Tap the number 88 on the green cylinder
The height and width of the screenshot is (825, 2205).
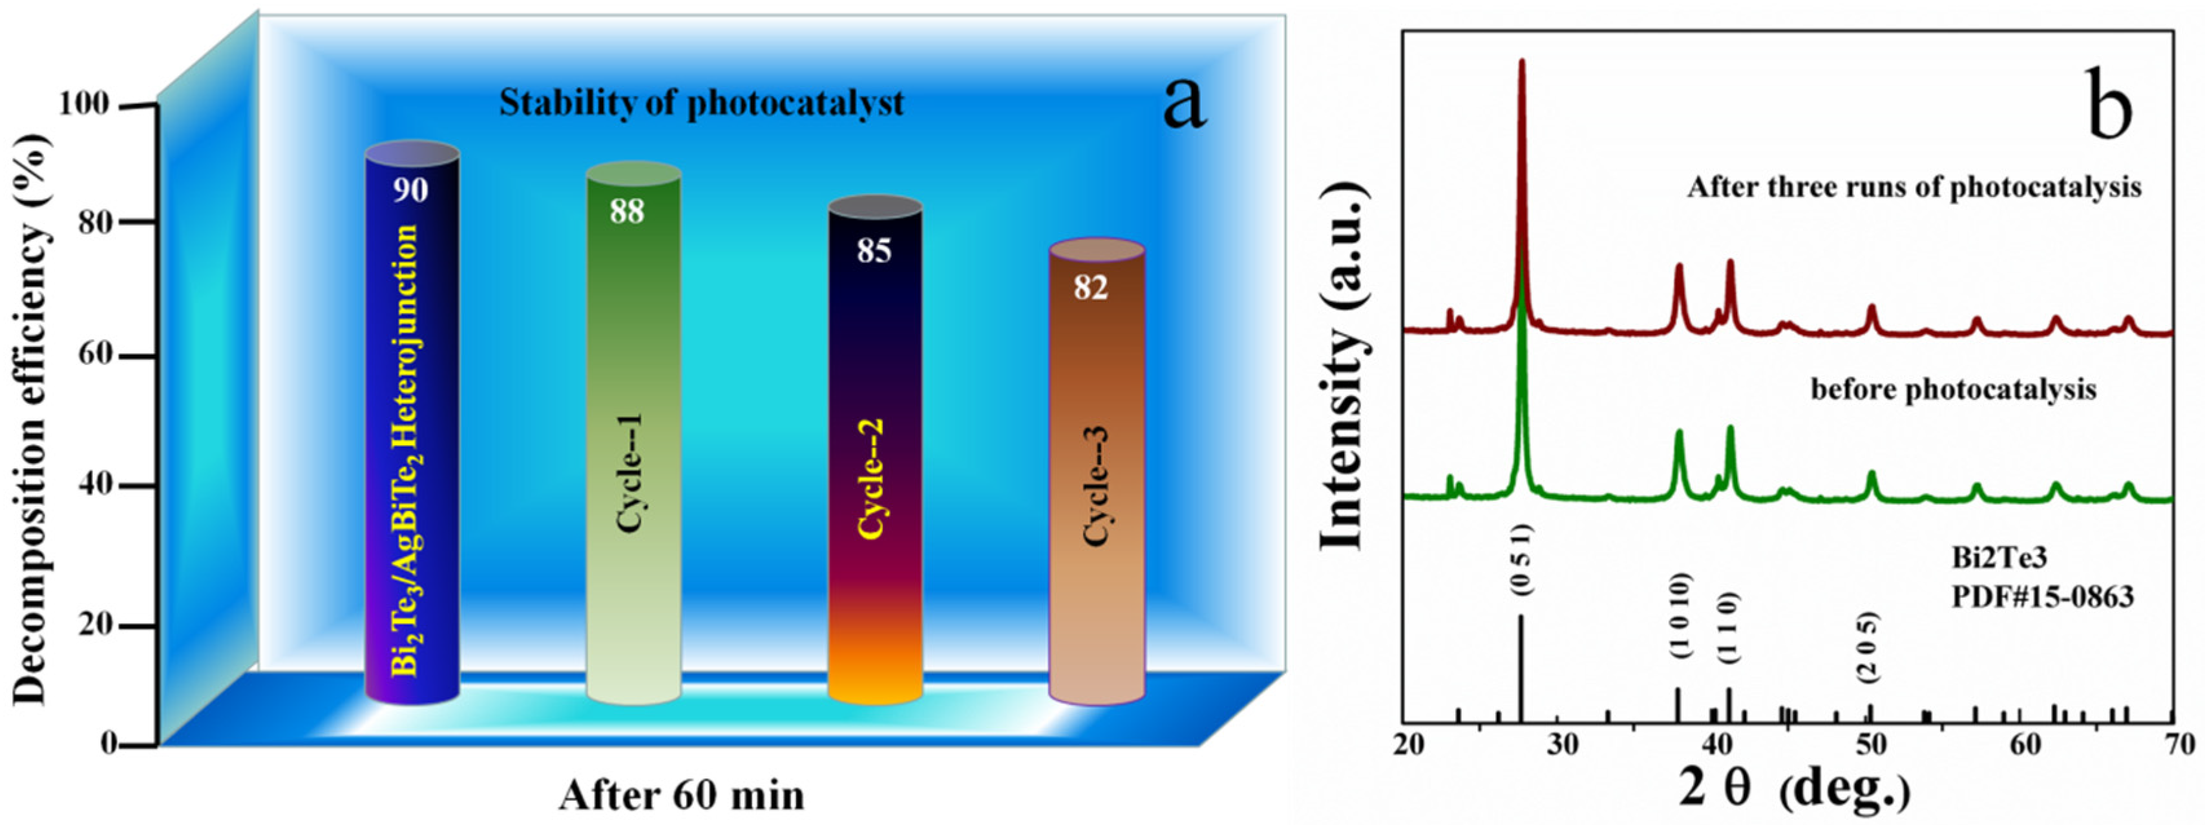pos(627,211)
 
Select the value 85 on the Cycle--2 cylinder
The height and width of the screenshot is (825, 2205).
pos(874,250)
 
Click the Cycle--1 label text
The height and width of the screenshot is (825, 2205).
pos(632,474)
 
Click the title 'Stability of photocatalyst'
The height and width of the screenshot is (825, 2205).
pos(701,103)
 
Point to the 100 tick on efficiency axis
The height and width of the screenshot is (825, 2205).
pos(85,105)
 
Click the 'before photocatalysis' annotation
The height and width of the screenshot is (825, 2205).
pos(1954,390)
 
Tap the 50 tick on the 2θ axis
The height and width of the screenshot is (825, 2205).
pos(1871,744)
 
